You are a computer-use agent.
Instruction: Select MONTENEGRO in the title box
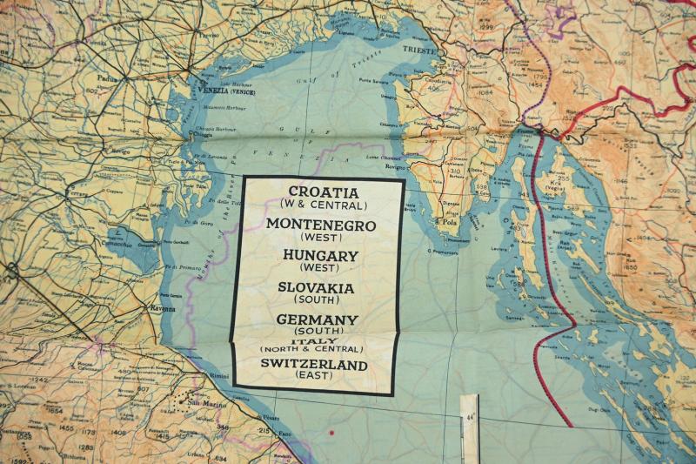[321, 225]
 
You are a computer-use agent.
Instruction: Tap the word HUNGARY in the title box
[320, 256]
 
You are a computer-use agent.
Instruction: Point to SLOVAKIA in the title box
[316, 288]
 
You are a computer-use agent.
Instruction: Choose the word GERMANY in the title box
[317, 319]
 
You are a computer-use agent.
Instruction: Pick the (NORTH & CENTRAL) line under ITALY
[315, 351]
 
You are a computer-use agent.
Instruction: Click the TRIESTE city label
[419, 50]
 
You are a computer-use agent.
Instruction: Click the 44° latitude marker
[470, 418]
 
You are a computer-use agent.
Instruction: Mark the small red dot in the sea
[331, 432]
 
